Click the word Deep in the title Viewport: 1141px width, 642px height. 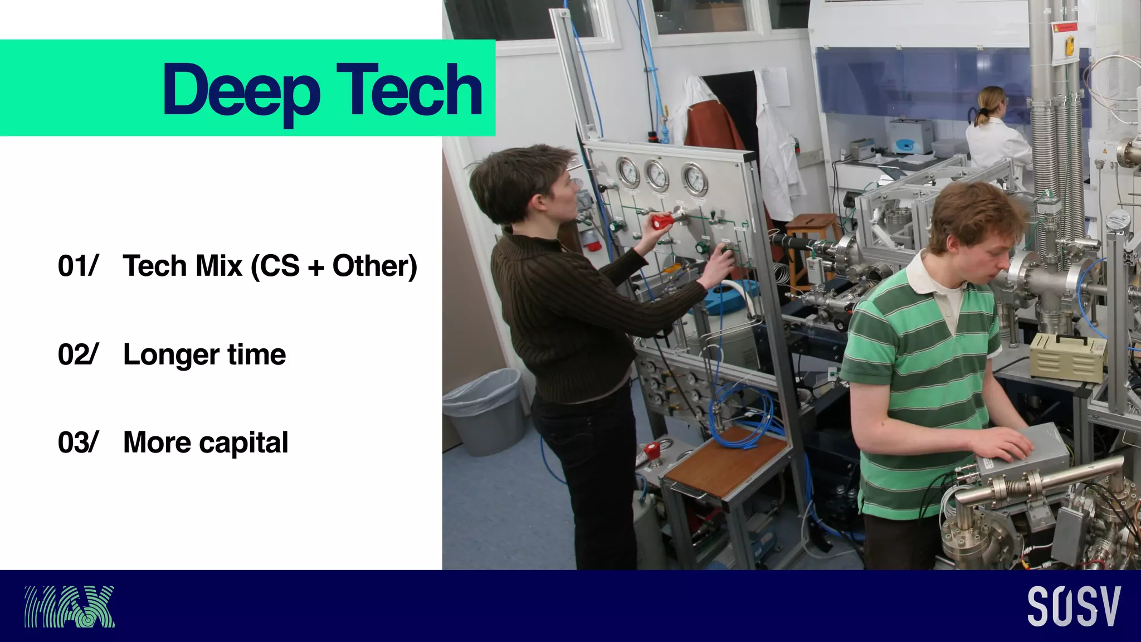coord(241,90)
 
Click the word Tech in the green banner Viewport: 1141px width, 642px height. coord(409,89)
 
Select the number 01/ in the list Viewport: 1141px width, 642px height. coord(78,266)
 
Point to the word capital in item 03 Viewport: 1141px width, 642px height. coord(243,443)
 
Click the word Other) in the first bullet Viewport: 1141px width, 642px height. coord(374,266)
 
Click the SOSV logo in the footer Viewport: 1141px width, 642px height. coord(1074,606)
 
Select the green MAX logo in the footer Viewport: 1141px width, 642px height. coord(69,606)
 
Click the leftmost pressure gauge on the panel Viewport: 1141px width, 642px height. coord(628,172)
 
